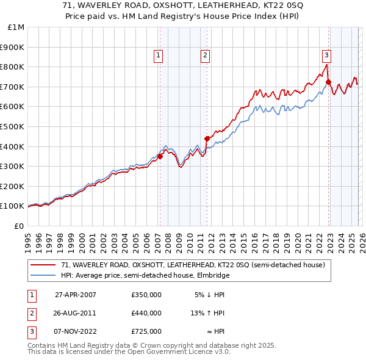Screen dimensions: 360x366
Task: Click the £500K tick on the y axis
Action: pyautogui.click(x=12, y=126)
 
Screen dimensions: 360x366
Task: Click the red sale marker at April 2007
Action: pyautogui.click(x=160, y=156)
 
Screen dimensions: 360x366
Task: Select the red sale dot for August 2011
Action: pyautogui.click(x=207, y=139)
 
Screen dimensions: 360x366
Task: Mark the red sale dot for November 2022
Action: pyautogui.click(x=328, y=82)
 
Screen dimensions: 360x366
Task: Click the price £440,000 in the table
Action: pyautogui.click(x=146, y=313)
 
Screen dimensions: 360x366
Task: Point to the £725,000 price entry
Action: pyautogui.click(x=146, y=331)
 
